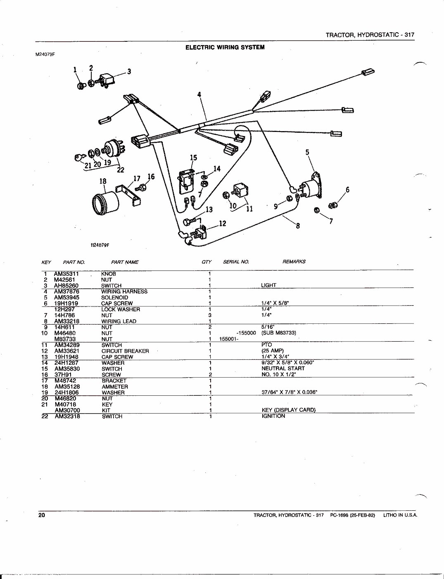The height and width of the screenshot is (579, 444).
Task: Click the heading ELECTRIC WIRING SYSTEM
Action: coord(225,47)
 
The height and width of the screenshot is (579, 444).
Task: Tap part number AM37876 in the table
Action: coord(66,292)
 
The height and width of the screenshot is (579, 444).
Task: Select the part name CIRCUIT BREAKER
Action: coord(125,351)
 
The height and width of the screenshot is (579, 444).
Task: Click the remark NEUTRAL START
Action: coord(283,368)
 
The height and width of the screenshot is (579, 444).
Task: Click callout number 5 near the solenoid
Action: coord(307,152)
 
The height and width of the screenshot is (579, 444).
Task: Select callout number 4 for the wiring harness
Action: coord(199,95)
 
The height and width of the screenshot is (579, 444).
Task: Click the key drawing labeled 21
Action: coord(80,157)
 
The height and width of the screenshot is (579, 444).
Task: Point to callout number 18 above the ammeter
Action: coord(103,181)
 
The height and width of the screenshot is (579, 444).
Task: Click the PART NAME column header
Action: coord(125,262)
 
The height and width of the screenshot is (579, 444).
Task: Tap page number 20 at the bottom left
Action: coord(42,515)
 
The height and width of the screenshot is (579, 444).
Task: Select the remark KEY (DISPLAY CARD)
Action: coord(288,410)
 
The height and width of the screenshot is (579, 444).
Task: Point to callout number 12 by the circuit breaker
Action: coord(222,224)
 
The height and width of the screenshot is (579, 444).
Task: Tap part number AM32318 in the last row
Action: coord(67,416)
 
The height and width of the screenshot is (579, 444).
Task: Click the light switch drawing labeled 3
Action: coord(108,79)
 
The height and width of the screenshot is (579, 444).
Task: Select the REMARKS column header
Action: coord(294,261)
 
